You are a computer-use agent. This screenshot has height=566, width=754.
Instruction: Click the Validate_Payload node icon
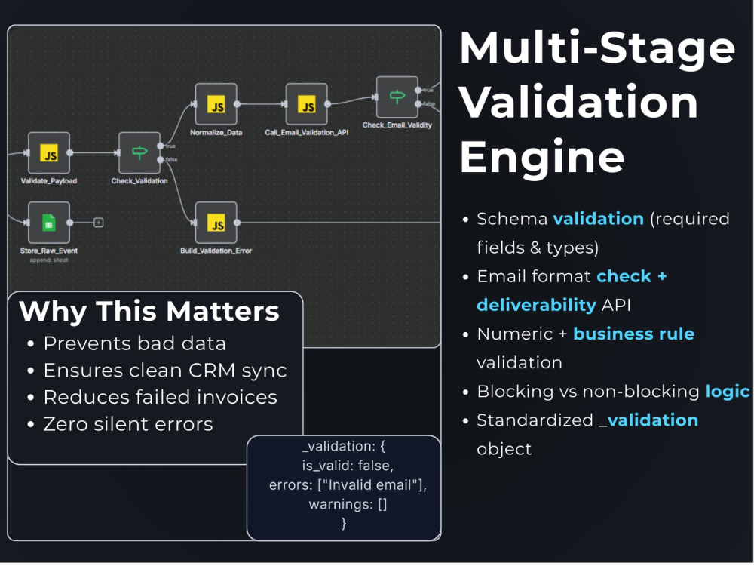[49, 153]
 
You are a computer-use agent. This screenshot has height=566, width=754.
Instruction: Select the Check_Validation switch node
[139, 153]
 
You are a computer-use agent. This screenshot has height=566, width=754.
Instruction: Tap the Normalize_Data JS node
[216, 104]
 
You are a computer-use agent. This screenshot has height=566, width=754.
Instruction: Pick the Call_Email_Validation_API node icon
[307, 104]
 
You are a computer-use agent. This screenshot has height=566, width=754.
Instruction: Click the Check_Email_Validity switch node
[397, 97]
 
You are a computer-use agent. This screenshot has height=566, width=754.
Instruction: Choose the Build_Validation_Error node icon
[216, 223]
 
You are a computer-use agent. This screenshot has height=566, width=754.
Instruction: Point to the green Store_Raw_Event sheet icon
[49, 223]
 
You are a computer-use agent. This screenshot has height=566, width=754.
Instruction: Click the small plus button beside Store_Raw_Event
[99, 223]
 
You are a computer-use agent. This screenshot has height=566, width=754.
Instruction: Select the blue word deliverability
[537, 305]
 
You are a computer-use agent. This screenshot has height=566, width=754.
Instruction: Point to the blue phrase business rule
[634, 334]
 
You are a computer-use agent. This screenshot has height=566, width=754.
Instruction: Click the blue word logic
[728, 392]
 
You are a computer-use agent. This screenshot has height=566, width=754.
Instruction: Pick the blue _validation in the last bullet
[648, 420]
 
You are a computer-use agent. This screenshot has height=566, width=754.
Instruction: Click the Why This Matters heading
[149, 311]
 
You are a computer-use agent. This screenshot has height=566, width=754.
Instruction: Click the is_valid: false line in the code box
[348, 466]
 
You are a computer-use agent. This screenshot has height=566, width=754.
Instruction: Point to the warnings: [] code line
[348, 504]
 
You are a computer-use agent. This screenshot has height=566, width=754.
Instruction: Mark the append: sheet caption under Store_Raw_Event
[49, 260]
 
